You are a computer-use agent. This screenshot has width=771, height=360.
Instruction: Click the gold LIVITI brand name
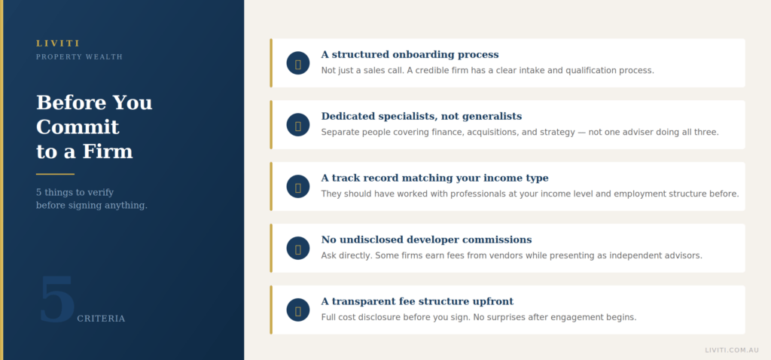(x=57, y=43)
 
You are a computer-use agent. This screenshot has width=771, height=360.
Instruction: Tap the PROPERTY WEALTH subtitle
(x=79, y=57)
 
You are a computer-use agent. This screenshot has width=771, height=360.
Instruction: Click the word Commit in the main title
(x=78, y=127)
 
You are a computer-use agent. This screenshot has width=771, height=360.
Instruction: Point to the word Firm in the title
(x=108, y=151)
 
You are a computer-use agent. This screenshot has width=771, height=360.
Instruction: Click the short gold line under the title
(x=55, y=174)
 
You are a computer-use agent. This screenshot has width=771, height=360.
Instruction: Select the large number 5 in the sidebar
(x=57, y=300)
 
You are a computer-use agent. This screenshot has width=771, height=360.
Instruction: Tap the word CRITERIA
(x=101, y=319)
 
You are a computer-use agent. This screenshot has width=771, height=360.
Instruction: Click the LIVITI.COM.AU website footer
(x=732, y=350)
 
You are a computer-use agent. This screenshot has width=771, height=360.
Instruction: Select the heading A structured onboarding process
(x=410, y=54)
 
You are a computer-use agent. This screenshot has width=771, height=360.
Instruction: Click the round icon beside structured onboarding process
(x=298, y=63)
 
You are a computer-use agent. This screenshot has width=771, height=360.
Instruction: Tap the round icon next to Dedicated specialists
(x=298, y=125)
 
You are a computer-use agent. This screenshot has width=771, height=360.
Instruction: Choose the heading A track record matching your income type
(x=434, y=178)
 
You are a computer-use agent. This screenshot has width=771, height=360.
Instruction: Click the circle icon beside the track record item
(x=298, y=186)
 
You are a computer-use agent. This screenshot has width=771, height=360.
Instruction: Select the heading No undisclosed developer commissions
(x=426, y=240)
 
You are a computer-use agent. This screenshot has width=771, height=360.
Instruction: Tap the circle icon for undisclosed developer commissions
(x=298, y=249)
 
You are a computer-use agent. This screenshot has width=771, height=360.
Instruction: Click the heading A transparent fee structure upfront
(x=417, y=301)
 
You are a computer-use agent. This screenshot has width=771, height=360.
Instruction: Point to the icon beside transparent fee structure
(x=298, y=310)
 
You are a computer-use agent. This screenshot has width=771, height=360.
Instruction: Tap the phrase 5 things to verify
(x=75, y=192)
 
